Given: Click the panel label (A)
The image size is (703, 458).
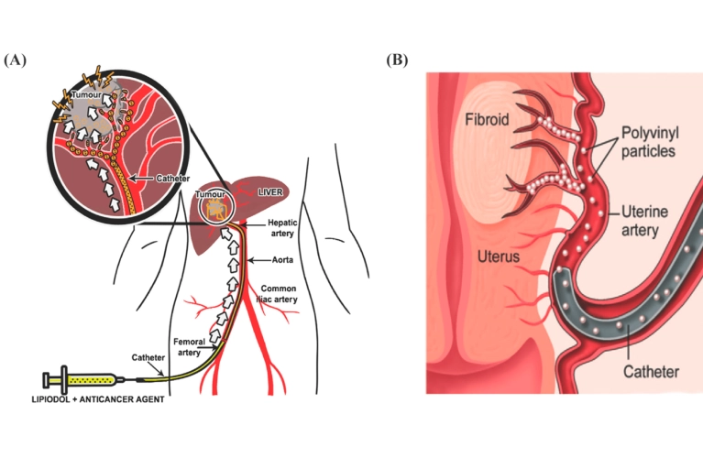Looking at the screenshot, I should click(x=16, y=60).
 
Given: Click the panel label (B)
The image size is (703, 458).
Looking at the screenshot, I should click(x=396, y=60).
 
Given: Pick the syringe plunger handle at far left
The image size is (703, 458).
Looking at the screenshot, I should click(x=47, y=377).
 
